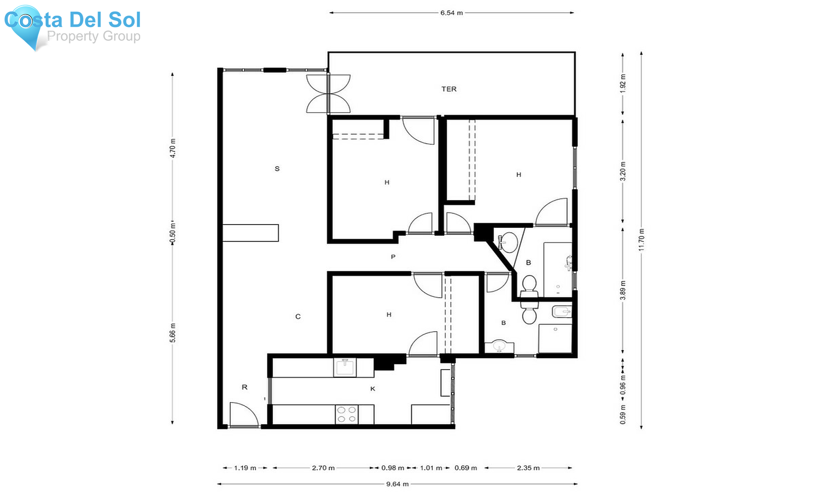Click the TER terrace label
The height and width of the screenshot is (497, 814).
[x=449, y=89]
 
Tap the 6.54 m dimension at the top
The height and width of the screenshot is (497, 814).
[x=451, y=13]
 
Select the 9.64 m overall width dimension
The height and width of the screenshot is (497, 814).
[x=397, y=484]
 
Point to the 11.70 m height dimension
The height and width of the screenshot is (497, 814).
[x=641, y=240]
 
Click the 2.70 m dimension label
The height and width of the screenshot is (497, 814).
[x=323, y=468]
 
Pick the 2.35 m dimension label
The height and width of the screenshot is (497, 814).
[x=528, y=468]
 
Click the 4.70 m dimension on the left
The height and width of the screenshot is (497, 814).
[x=172, y=148]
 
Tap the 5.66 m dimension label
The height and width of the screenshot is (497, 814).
[x=172, y=333]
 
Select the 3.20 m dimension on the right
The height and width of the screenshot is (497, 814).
[x=623, y=171]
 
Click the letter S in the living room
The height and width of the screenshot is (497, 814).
[x=277, y=169]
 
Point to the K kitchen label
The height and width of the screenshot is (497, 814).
[x=373, y=389]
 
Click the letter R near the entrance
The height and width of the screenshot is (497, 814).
[x=245, y=387]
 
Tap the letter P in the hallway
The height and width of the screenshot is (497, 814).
[x=393, y=257]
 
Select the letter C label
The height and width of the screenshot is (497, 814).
[x=298, y=317]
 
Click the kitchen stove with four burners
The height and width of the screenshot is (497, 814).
[x=347, y=414]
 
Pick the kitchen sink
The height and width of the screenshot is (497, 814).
[x=345, y=367]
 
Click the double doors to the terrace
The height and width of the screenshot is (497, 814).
[x=328, y=94]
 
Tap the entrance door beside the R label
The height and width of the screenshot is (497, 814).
[x=244, y=414]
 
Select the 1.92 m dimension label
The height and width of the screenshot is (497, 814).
[x=623, y=84]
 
